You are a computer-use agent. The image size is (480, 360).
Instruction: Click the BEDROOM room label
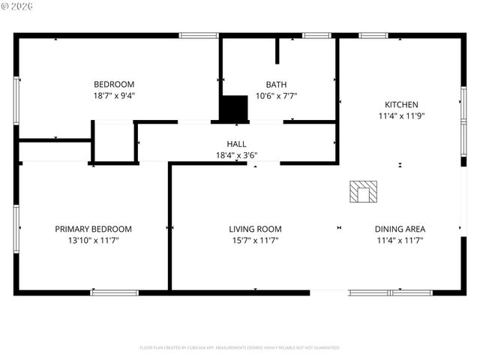pos(113,84)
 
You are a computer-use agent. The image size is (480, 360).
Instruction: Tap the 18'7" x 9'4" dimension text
pos(113,95)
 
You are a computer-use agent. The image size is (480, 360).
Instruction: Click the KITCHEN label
pos(401,105)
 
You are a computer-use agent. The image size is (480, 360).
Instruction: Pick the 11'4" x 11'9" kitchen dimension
pos(401,116)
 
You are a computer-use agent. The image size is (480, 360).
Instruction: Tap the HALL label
pos(236,144)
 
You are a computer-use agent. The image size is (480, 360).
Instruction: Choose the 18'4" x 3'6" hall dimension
pos(236,155)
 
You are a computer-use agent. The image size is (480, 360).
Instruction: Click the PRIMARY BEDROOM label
pos(93,229)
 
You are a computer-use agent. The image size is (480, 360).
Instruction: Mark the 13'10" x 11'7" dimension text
pos(93,241)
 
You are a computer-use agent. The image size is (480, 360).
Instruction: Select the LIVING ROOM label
pos(255,229)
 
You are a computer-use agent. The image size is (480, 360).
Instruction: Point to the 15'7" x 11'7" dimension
pos(255,241)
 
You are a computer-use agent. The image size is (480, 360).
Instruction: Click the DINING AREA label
pos(400,229)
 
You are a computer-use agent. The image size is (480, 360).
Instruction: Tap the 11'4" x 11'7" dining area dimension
pos(400,241)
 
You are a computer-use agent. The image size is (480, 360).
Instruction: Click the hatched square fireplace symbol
pos(364,192)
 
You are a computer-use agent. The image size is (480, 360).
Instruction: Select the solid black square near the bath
pos(233,108)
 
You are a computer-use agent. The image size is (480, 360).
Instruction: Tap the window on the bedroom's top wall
pos(199,35)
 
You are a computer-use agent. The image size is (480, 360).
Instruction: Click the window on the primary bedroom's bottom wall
pos(115,292)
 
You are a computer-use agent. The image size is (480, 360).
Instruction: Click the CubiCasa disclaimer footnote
pos(240,348)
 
